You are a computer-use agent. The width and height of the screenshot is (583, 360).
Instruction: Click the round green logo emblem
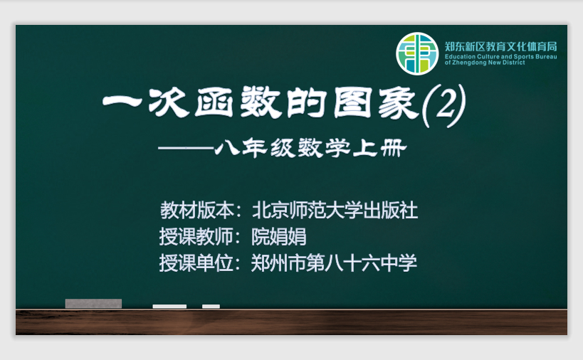click(417, 54)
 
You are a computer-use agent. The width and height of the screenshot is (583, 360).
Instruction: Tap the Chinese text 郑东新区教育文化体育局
click(501, 46)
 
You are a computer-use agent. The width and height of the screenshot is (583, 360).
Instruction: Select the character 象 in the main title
click(399, 103)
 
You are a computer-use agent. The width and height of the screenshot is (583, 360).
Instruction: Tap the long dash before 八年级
click(186, 148)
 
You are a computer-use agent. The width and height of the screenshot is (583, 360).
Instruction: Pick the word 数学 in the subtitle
click(323, 148)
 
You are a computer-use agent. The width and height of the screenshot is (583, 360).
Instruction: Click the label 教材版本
click(197, 211)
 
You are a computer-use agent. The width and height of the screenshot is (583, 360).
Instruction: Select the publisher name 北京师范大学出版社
click(335, 211)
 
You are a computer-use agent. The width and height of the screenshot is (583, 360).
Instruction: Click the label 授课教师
click(196, 237)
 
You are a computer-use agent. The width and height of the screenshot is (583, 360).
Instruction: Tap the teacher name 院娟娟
click(279, 237)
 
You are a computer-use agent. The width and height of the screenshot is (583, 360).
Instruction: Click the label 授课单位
click(196, 263)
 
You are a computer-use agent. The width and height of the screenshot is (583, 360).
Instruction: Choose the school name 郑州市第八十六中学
click(334, 263)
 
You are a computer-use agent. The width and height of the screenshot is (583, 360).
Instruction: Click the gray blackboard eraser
click(93, 304)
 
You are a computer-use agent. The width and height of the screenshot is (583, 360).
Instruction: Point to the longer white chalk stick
click(169, 307)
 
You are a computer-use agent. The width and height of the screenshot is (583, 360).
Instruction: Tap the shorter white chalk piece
click(211, 307)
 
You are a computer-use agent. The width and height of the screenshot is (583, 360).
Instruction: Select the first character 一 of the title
click(122, 101)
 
